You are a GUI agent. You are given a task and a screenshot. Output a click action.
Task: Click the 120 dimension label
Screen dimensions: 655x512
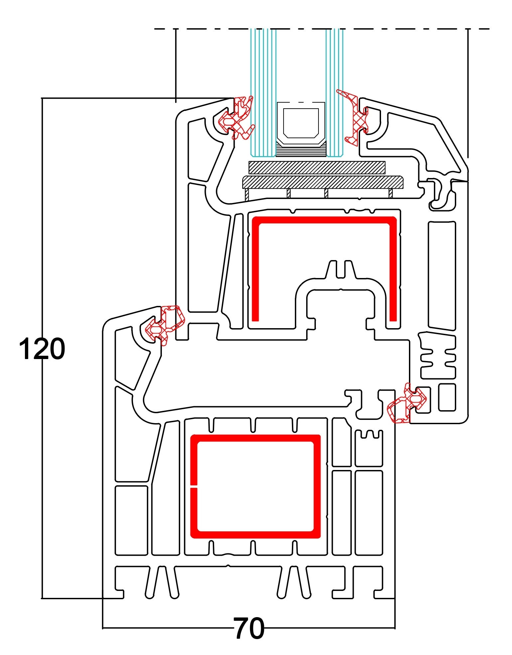point(42,349)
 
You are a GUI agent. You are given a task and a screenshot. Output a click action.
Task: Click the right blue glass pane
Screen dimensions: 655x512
point(334,83)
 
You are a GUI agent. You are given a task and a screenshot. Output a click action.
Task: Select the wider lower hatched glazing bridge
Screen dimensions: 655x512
point(322,182)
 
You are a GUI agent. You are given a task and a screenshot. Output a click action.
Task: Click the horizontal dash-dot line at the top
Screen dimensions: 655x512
point(399,29)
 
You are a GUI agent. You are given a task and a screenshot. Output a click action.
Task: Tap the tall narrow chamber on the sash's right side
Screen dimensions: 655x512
point(442,276)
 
